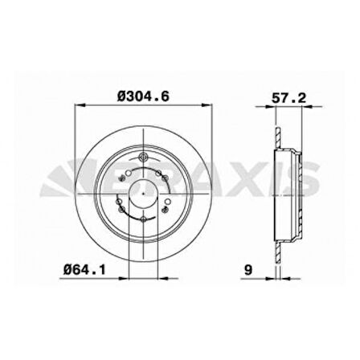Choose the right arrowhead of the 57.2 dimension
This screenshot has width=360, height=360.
click(x=303, y=104)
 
